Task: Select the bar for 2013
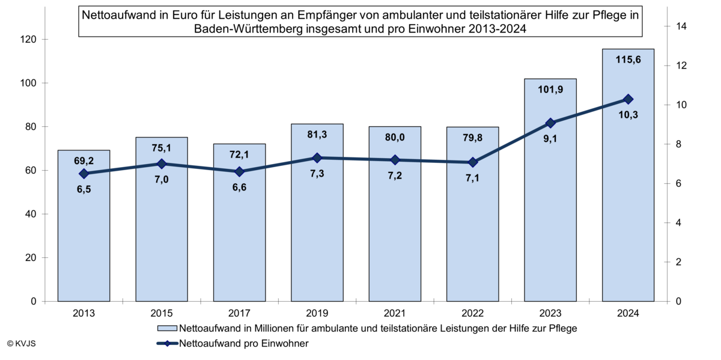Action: point(84,240)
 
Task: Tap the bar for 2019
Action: point(317,240)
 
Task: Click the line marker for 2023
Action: point(550,123)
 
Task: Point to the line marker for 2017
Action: point(239,172)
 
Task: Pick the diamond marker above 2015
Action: point(162,163)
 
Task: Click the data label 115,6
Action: point(628,59)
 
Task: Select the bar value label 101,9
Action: point(550,90)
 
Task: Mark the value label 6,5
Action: point(84,190)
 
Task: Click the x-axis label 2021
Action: point(395,313)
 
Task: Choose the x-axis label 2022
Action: point(472,313)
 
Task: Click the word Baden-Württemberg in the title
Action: point(246,28)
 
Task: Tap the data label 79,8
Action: point(472,138)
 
